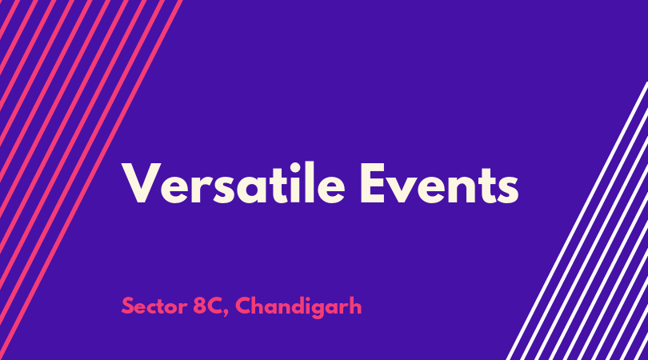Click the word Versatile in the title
coord(233,183)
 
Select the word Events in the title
coord(439,183)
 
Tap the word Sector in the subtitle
coord(154,306)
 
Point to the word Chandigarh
coord(298,307)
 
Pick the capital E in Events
coord(373,182)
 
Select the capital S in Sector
coord(128,306)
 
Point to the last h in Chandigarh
coord(355,306)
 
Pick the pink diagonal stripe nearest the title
coord(91,180)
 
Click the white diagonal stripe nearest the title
coord(577,221)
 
